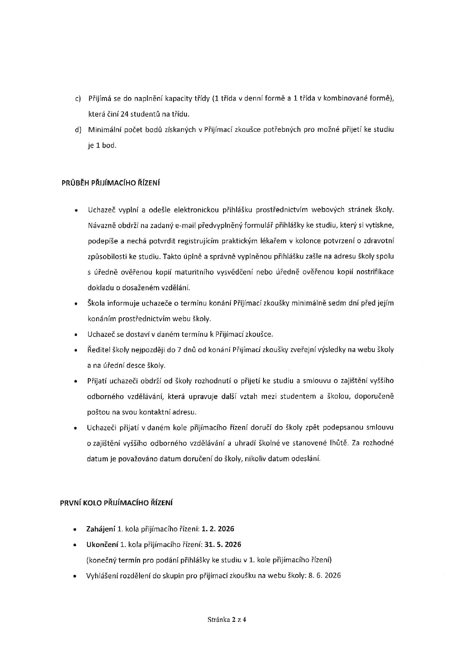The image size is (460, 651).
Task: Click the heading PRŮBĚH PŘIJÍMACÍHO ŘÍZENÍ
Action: (x=110, y=183)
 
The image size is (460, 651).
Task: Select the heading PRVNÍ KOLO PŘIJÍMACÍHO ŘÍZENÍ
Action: (x=116, y=503)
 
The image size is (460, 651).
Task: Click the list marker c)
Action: (x=78, y=99)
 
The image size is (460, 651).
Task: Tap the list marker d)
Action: (x=78, y=130)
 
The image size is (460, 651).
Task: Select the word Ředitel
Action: (x=98, y=349)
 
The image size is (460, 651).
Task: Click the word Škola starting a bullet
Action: (x=96, y=303)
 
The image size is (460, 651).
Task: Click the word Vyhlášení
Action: (x=103, y=575)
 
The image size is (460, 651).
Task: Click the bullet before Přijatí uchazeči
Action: (x=76, y=382)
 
